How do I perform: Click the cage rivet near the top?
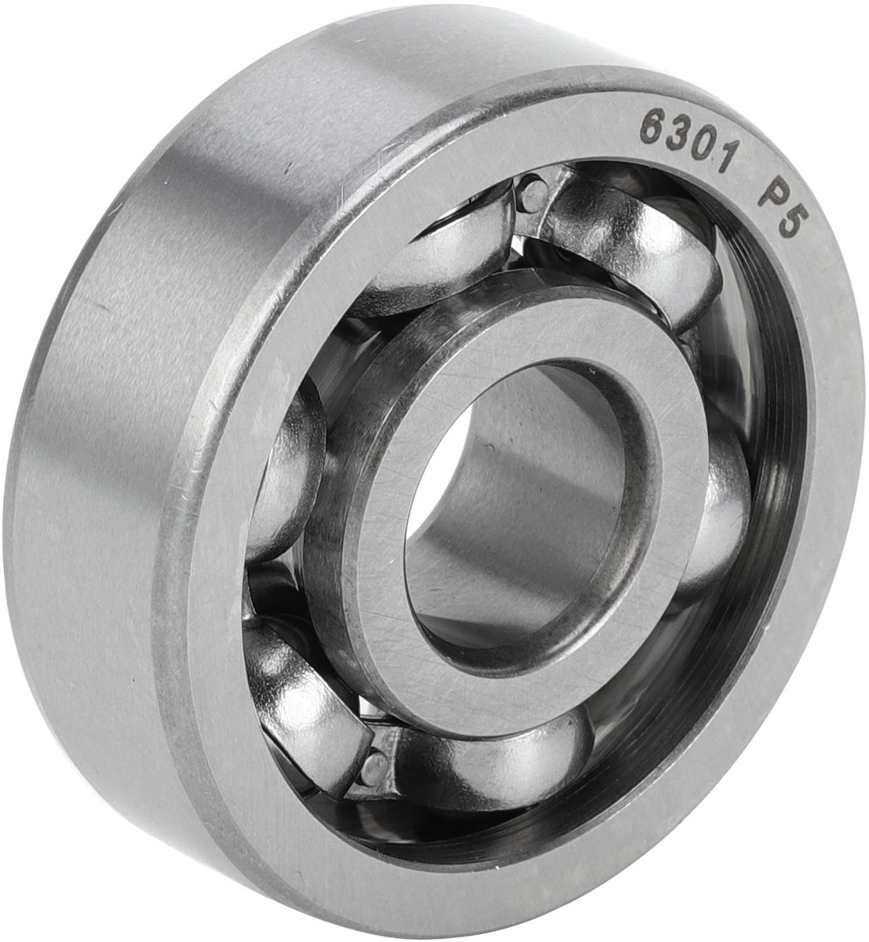coord(534,195)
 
